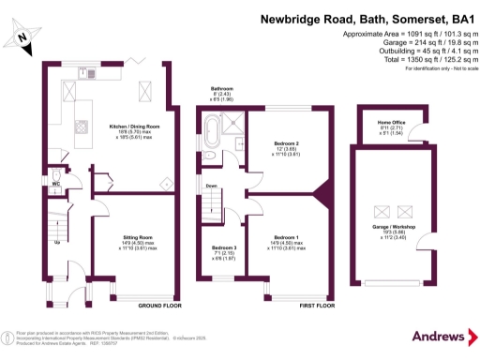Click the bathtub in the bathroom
tap(212, 130)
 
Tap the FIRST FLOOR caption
tap(318, 306)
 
